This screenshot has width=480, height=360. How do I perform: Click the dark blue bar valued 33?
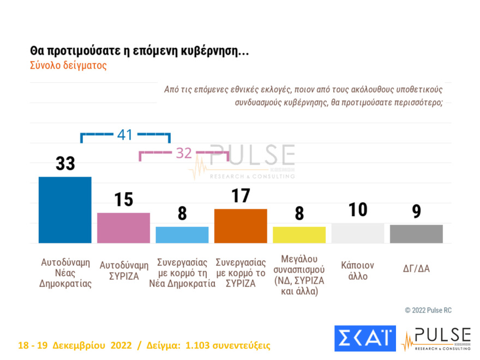(x=65, y=210)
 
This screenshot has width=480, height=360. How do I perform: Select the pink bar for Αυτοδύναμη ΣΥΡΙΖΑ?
(x=123, y=228)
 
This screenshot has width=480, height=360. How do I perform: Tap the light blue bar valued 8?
(x=182, y=235)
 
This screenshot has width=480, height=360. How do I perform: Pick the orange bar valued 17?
(x=241, y=226)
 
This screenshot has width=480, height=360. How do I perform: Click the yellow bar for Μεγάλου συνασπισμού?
(x=299, y=235)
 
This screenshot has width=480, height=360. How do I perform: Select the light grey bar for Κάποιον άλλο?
(x=358, y=233)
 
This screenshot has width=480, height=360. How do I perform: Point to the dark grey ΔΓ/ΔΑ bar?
(x=416, y=234)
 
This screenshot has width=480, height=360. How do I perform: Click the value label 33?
(x=65, y=164)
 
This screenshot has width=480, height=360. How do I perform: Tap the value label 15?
(x=124, y=200)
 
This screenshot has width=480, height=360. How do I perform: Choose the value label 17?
(x=241, y=196)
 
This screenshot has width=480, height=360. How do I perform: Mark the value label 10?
(x=358, y=209)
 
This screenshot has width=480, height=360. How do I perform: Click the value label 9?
(x=416, y=212)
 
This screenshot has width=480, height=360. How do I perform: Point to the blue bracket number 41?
(x=125, y=135)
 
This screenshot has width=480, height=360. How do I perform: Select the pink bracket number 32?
(x=184, y=154)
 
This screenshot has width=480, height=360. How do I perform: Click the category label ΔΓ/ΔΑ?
(x=416, y=268)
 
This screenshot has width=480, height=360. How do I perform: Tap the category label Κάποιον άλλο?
(x=358, y=271)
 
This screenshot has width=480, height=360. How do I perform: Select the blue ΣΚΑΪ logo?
(x=365, y=339)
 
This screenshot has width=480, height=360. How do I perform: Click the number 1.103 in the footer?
(x=199, y=346)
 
